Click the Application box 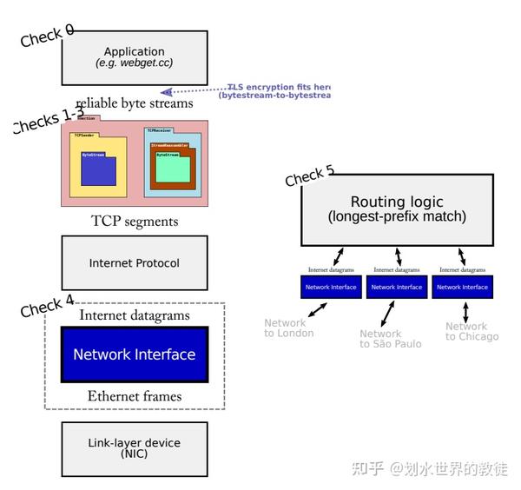[135, 57]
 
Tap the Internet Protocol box [135, 262]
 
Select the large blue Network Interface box [135, 354]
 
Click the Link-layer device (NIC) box [135, 448]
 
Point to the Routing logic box [397, 209]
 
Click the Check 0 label [47, 36]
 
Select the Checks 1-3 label [48, 121]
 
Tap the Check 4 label [47, 307]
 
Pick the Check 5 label [309, 176]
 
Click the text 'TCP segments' [135, 222]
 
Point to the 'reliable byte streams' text [135, 103]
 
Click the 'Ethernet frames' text [135, 396]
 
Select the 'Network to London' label [289, 328]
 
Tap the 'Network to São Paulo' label [390, 339]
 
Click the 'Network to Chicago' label [472, 332]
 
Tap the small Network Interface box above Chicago [462, 287]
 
